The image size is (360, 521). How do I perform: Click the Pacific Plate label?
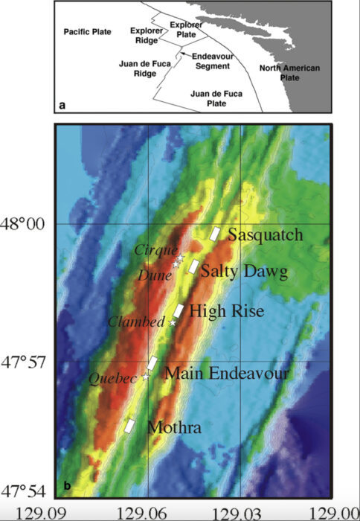[x=86, y=32]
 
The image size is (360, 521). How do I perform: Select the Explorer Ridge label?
[x=145, y=35]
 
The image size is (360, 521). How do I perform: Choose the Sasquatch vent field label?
[x=266, y=235]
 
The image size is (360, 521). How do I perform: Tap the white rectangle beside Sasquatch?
[x=215, y=234]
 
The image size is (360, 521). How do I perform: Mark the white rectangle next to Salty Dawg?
[x=193, y=266]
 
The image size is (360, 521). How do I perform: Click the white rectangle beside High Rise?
[x=179, y=312]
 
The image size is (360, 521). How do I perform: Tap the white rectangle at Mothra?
[x=129, y=426]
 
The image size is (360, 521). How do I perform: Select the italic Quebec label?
[x=114, y=378]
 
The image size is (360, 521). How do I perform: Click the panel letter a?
[x=63, y=106]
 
